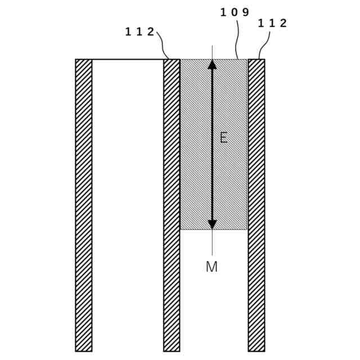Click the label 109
[x=235, y=11]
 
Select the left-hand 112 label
[x=139, y=31]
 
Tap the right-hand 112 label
[x=272, y=23]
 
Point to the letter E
[x=223, y=138]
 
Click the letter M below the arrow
[x=211, y=267]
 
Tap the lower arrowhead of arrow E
[x=212, y=224]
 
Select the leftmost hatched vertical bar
[x=84, y=205]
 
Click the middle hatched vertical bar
[x=172, y=205]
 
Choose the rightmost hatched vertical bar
[x=256, y=205]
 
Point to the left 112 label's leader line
[x=163, y=45]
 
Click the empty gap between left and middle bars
[x=128, y=205]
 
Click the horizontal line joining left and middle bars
[x=128, y=59]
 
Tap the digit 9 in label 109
[x=245, y=11]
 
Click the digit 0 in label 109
[x=235, y=11]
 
